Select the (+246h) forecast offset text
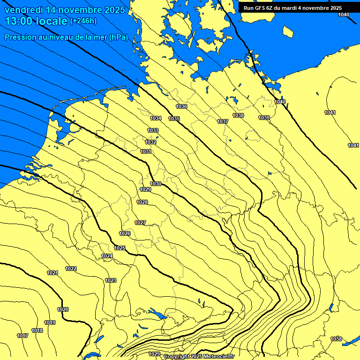click(83, 21)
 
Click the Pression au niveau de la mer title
click(66, 37)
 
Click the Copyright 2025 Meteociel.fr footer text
click(199, 357)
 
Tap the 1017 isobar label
click(22, 336)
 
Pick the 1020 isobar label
click(63, 309)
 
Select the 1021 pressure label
click(52, 273)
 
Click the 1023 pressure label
click(111, 280)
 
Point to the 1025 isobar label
click(120, 248)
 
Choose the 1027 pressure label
click(140, 223)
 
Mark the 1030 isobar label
click(156, 184)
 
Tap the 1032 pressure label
click(150, 142)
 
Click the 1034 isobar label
click(156, 118)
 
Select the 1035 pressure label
click(174, 119)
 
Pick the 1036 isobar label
click(181, 107)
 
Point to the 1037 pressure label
click(223, 121)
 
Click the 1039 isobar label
click(264, 118)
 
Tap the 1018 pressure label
click(37, 330)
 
